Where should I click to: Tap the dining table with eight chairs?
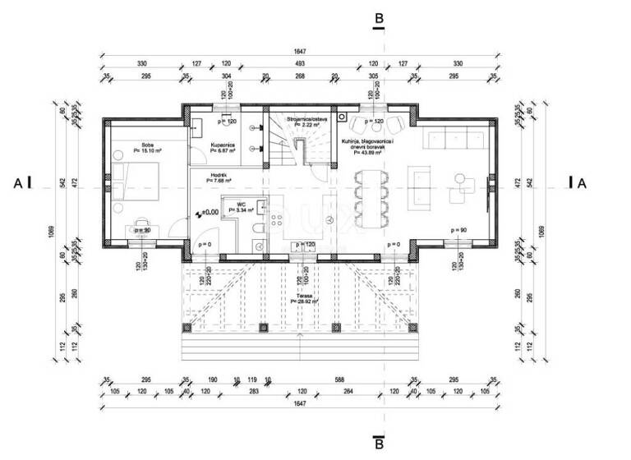[368, 197]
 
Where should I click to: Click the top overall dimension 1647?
[301, 50]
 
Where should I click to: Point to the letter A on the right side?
[582, 183]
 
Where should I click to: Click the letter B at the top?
[378, 17]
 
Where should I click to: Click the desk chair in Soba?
[142, 222]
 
